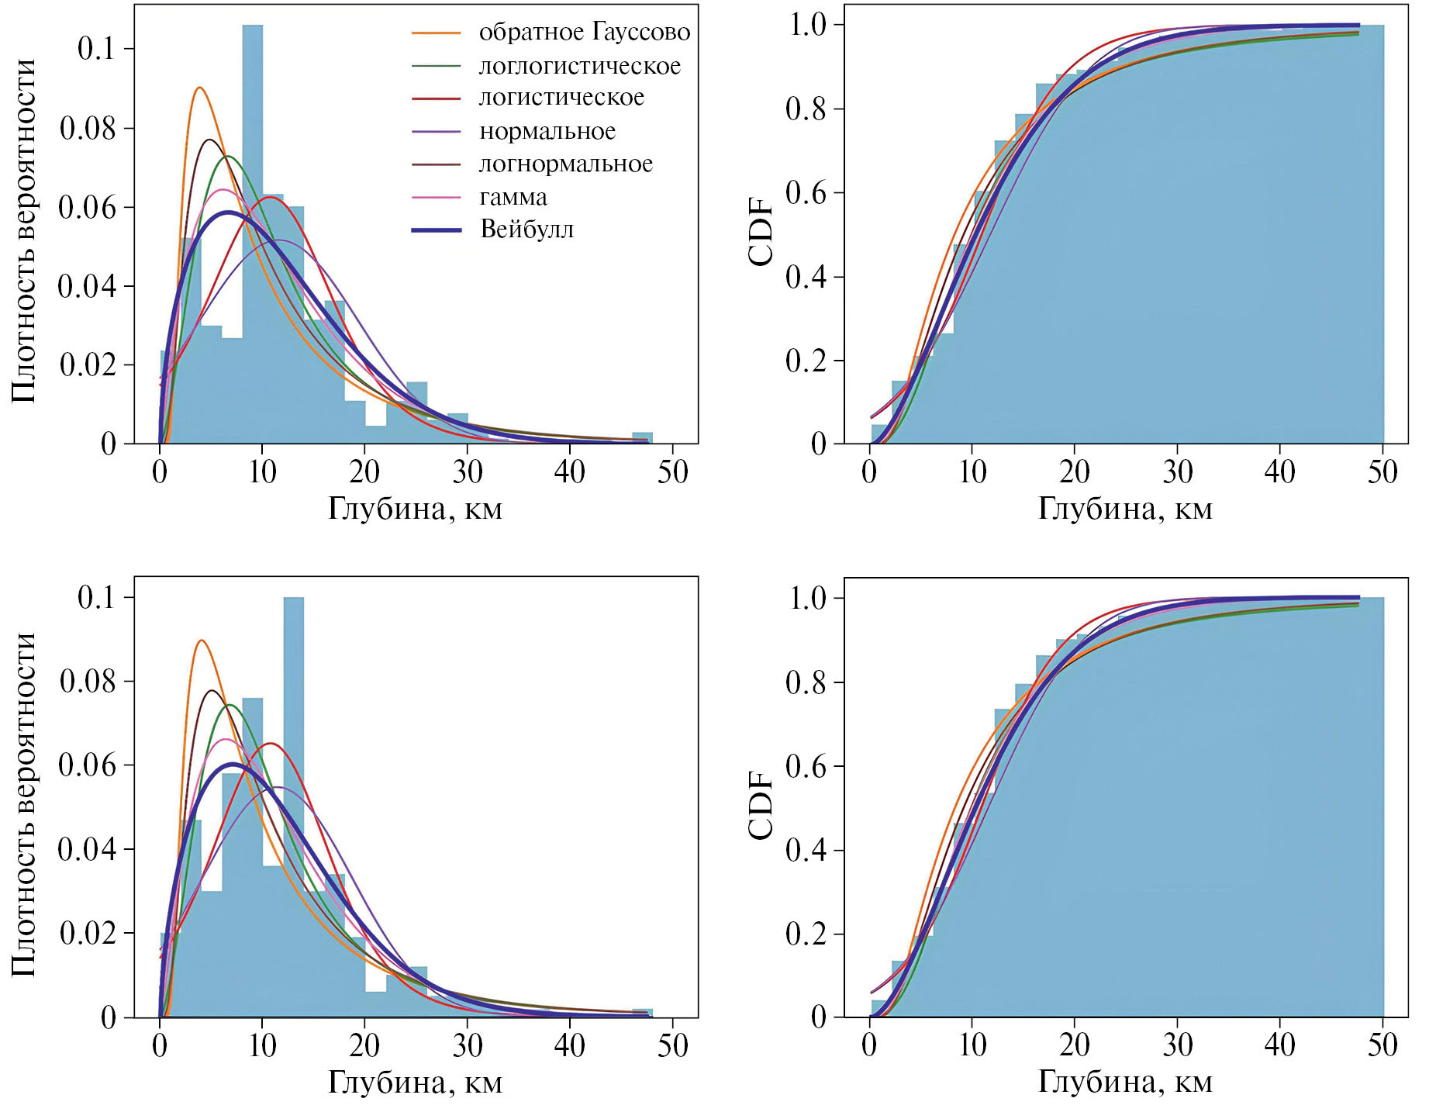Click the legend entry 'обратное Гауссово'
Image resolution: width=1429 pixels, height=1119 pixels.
584,33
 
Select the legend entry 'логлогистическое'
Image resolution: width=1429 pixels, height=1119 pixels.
579,66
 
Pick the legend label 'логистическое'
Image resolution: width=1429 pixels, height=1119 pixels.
561,98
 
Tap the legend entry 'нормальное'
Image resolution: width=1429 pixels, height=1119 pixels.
547,131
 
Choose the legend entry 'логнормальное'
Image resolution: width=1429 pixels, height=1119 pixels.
566,164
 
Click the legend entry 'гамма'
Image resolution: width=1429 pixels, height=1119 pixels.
513,197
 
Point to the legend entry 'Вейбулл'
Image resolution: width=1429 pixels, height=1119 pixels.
527,230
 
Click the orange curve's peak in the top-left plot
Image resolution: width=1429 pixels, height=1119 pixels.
200,88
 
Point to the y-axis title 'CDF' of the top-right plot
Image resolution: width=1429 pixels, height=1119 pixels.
762,233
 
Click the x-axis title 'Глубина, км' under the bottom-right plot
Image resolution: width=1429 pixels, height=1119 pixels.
1125,1083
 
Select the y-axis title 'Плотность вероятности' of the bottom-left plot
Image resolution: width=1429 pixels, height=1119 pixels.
25,804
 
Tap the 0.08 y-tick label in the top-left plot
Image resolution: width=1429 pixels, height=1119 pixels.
88,129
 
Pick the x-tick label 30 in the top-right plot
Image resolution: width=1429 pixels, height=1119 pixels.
1177,471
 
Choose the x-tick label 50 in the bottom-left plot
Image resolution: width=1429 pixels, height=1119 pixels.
672,1045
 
